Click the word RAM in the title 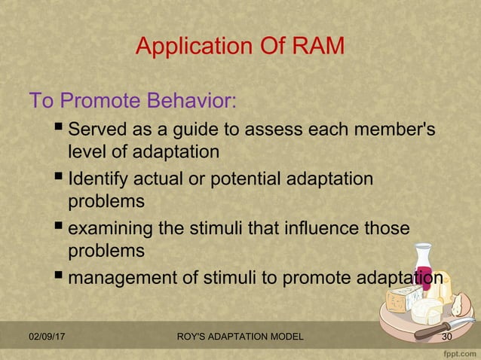point(315,47)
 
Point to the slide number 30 point(446,336)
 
